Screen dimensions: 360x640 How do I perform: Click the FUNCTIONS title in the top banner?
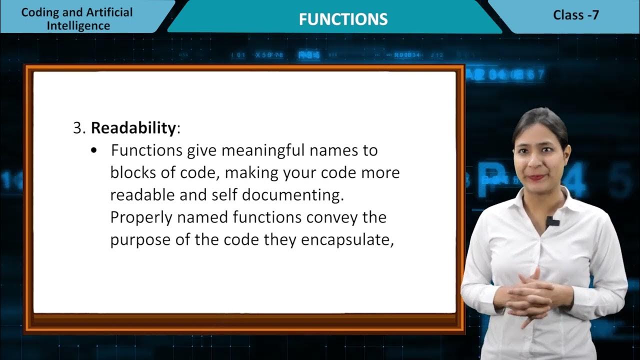(x=343, y=19)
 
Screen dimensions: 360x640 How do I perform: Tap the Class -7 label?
(x=575, y=15)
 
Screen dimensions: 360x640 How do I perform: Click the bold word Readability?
(x=133, y=128)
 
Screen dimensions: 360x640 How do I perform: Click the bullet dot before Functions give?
(x=94, y=151)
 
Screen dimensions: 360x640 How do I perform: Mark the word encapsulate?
(x=347, y=240)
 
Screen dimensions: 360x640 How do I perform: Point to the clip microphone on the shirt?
(x=551, y=221)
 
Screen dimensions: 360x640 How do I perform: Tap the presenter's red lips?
(x=537, y=176)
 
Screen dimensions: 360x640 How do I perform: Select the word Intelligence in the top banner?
(x=78, y=25)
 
